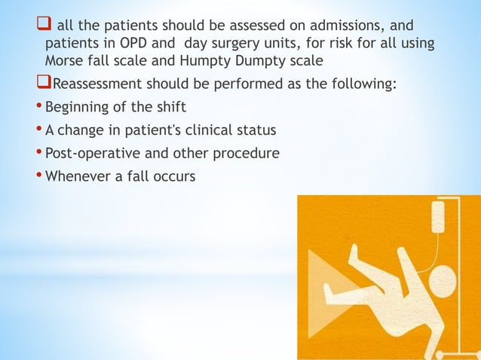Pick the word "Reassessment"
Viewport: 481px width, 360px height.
tap(99, 83)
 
